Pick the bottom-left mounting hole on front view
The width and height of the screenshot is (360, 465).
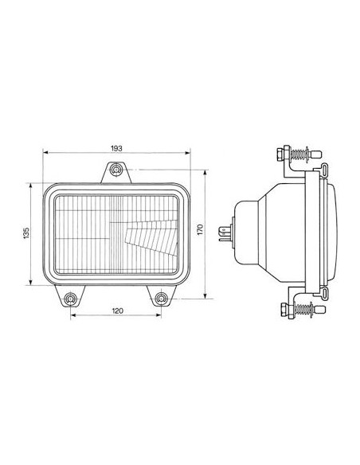pyautogui.click(x=72, y=299)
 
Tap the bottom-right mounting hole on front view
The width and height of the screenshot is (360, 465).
pyautogui.click(x=163, y=299)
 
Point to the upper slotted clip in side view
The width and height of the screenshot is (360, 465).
pyautogui.click(x=325, y=167)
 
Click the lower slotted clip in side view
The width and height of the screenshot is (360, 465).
pyautogui.click(x=325, y=296)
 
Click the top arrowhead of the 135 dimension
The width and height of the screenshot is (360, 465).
pyautogui.click(x=31, y=183)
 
